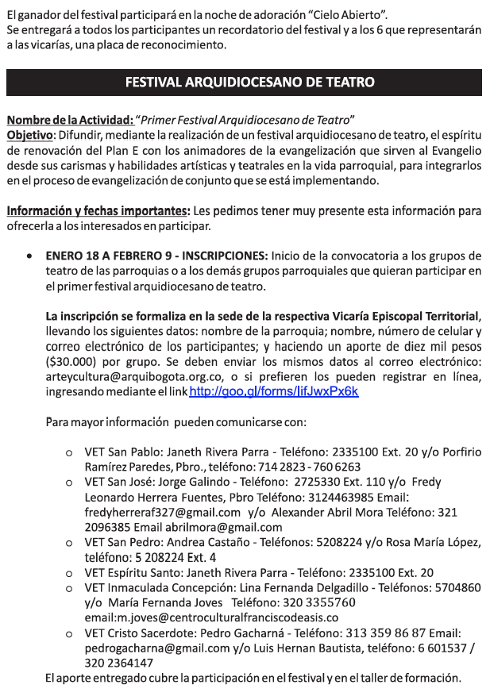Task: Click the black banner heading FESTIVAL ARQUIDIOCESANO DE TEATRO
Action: pyautogui.click(x=245, y=83)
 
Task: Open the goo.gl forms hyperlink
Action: pyautogui.click(x=274, y=392)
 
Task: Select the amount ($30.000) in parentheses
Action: pyautogui.click(x=69, y=362)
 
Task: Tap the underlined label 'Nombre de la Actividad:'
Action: pyautogui.click(x=70, y=121)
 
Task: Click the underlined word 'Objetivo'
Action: pyautogui.click(x=29, y=135)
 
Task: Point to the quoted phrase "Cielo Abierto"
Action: pyautogui.click(x=349, y=16)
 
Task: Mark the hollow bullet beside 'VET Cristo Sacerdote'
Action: pyautogui.click(x=69, y=633)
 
